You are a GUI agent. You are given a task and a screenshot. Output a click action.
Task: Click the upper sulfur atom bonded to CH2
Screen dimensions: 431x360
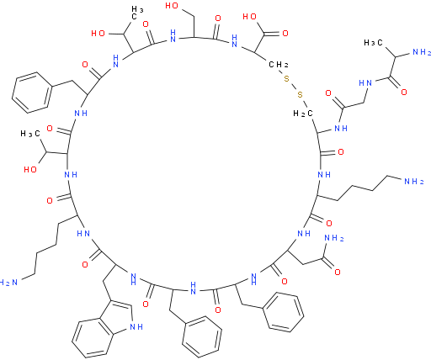[x=286, y=78]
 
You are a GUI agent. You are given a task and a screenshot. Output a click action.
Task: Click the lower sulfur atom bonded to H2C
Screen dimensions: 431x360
[x=300, y=95]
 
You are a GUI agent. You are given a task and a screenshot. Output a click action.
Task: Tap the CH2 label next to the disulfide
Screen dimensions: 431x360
[x=279, y=65]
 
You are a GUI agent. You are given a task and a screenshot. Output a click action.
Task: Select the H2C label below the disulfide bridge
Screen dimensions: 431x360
[x=303, y=114]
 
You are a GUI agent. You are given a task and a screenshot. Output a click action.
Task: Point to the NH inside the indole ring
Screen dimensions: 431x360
[x=136, y=326]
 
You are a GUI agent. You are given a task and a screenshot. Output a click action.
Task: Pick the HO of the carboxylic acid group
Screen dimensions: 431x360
[x=249, y=17]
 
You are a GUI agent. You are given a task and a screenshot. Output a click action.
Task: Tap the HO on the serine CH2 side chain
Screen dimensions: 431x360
[x=172, y=6]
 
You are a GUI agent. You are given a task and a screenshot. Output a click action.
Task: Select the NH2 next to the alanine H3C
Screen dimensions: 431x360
[x=421, y=52]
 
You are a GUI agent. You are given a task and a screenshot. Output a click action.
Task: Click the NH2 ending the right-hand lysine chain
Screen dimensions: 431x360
[x=413, y=182]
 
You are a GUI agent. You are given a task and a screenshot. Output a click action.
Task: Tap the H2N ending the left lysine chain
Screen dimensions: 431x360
[x=8, y=283]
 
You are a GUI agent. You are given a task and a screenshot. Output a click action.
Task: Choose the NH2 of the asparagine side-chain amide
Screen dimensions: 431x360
[x=334, y=239]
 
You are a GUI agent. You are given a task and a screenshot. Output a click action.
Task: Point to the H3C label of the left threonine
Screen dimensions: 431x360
[x=30, y=134]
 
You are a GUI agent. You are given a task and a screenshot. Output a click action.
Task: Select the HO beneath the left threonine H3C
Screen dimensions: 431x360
[x=30, y=169]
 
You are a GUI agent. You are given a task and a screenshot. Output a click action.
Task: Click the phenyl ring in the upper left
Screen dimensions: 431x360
[x=32, y=93]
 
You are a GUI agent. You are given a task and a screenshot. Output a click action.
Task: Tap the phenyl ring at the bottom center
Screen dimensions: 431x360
[x=202, y=337]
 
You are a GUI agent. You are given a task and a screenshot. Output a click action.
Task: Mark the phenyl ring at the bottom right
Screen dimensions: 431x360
[x=284, y=312]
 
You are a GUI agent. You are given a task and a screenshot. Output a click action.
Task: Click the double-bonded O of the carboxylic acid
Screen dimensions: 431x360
[x=285, y=34]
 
